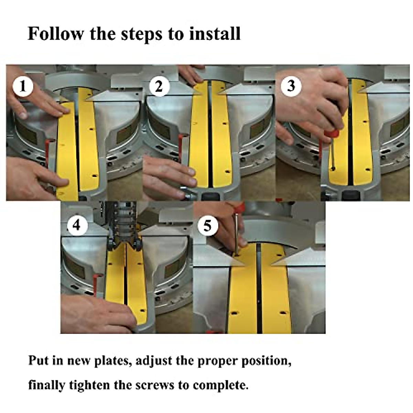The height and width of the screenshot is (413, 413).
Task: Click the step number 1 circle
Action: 23,86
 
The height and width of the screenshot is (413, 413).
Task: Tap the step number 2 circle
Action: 159,86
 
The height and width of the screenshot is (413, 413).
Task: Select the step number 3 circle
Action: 291,86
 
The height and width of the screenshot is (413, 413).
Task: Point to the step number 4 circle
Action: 77,225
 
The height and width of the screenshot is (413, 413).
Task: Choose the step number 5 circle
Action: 208,226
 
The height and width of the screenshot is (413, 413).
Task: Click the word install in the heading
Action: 215,34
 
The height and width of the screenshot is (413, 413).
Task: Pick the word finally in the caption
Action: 46,385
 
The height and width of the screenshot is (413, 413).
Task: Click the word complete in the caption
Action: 220,385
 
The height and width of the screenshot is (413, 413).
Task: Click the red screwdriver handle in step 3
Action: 331,135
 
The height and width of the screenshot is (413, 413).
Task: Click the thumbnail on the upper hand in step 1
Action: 22,116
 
